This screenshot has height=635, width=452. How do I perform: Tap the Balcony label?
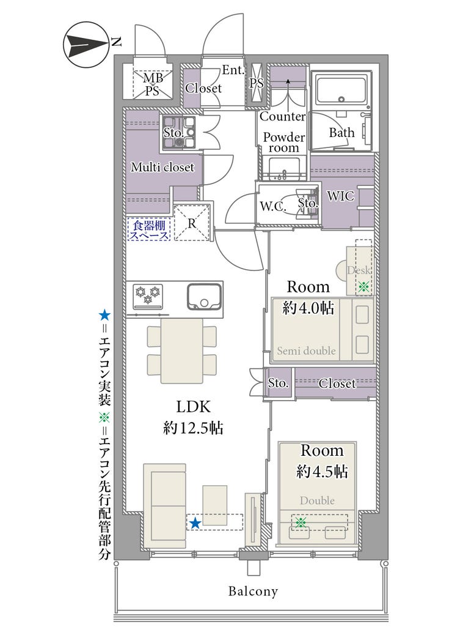[253, 591]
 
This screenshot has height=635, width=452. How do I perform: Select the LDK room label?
[193, 406]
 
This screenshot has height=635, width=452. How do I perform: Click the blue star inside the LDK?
[195, 523]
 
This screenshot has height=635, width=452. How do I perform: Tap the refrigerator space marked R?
[192, 223]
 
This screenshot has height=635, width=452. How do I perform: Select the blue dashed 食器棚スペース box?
[149, 229]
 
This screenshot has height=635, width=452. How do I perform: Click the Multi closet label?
[162, 167]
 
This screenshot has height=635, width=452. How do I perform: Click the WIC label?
[340, 196]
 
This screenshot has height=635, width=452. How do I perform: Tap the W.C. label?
[273, 206]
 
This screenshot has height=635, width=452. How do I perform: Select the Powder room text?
[284, 142]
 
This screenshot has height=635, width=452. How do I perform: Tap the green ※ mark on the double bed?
[300, 522]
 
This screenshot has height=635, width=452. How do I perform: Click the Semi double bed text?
[306, 351]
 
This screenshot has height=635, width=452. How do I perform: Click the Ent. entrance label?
[233, 70]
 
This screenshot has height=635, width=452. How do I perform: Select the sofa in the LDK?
[164, 505]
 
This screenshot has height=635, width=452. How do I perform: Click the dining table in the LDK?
[181, 351]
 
